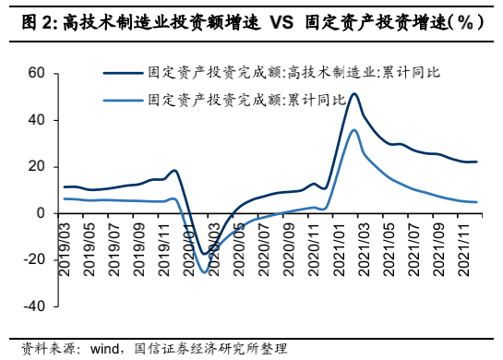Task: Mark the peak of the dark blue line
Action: click(x=355, y=93)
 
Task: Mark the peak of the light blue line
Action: click(x=355, y=130)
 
